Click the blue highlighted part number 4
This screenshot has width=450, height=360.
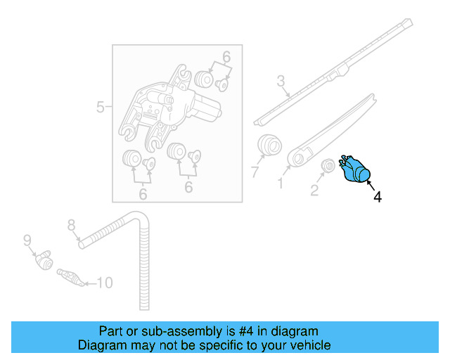tap(356, 171)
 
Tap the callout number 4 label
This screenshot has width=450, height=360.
tap(378, 198)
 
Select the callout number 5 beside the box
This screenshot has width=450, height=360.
tap(101, 108)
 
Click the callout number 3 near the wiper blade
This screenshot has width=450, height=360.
tap(281, 82)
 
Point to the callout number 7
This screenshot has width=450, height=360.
tap(255, 171)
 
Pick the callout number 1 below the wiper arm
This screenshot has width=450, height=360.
tap(281, 184)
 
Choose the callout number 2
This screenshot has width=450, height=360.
tap(314, 189)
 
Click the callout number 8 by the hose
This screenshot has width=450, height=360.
tap(71, 225)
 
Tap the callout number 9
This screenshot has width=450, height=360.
tap(27, 240)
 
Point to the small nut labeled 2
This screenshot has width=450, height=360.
tap(327, 167)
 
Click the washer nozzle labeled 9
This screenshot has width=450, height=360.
tap(45, 261)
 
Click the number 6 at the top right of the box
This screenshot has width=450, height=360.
tap(226, 57)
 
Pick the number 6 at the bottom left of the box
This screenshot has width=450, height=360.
tap(143, 193)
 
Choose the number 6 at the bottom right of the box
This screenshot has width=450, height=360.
tap(188, 187)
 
